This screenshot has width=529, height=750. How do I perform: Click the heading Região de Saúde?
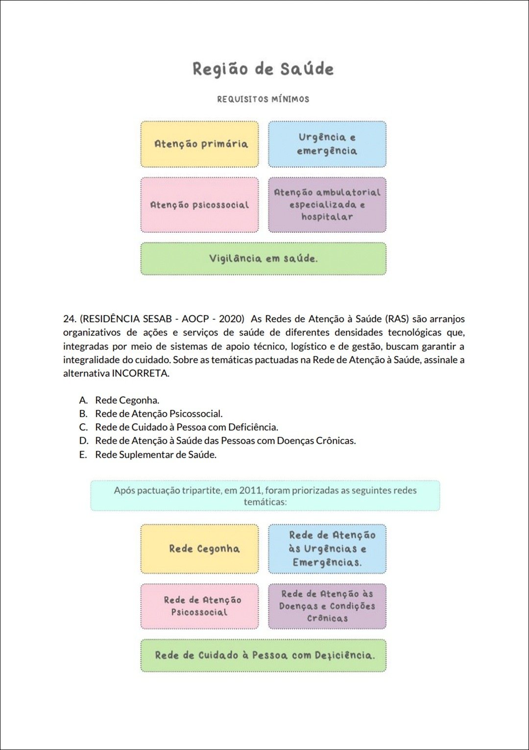263,69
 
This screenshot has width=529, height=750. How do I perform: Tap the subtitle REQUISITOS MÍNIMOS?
263,99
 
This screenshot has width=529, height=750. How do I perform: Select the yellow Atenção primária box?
200,144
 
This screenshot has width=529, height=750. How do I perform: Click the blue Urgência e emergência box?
327,144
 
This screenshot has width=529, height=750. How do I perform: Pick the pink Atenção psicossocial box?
200,205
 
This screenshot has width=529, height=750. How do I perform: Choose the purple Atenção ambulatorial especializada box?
327,205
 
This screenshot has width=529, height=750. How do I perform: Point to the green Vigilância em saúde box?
263,258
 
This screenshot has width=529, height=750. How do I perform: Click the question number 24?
69,319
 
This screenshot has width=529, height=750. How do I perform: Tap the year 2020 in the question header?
232,319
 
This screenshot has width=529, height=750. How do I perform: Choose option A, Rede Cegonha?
127,400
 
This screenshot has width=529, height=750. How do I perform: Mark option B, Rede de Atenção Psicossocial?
159,414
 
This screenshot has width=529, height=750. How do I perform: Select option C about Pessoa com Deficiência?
186,427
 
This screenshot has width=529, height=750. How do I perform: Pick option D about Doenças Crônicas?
225,441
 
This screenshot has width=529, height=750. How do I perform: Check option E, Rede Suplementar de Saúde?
155,454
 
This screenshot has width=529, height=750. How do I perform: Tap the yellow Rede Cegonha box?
200,549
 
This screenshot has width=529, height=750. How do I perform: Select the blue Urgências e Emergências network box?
327,549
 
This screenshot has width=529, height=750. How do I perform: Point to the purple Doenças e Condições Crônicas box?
327,606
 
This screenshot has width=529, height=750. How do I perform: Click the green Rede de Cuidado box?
263,655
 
